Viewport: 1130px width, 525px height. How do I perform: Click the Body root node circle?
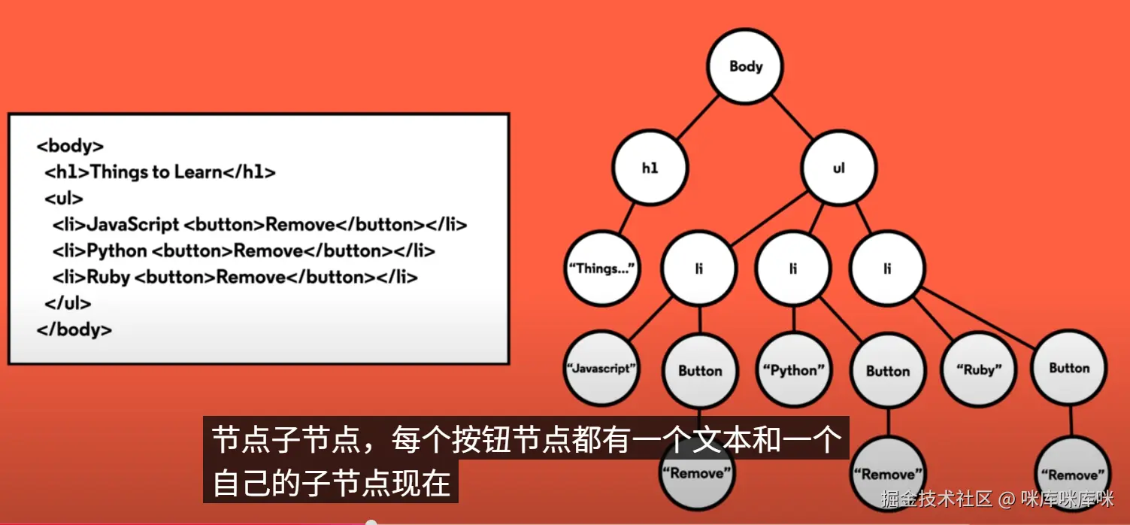tap(745, 67)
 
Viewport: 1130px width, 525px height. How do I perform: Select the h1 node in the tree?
tap(650, 168)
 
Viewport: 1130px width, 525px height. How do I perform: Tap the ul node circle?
tap(838, 168)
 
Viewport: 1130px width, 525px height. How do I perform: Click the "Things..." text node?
tap(601, 268)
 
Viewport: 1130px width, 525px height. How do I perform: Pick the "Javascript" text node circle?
tap(601, 369)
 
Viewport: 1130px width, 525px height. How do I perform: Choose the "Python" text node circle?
tap(793, 370)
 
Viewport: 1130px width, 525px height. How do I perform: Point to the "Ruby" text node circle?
tap(979, 369)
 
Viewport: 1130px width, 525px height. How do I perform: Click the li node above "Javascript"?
tap(698, 268)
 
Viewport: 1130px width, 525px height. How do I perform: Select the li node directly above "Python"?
tap(793, 268)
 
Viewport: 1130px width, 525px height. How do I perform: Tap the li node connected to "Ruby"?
tap(887, 268)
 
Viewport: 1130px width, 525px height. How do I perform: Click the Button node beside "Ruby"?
tap(1069, 368)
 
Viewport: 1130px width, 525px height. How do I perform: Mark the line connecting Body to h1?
tap(698, 117)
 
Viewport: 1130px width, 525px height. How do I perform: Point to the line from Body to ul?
tap(792, 117)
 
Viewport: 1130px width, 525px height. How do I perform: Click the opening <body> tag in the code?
tap(70, 146)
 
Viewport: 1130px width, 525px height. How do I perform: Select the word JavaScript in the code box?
tap(132, 225)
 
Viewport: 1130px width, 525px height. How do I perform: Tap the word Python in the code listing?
tap(117, 251)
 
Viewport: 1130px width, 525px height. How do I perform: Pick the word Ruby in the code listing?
tap(108, 277)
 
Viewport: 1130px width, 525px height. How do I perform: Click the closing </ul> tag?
tap(68, 303)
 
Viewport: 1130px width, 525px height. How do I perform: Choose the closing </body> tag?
tap(74, 329)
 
